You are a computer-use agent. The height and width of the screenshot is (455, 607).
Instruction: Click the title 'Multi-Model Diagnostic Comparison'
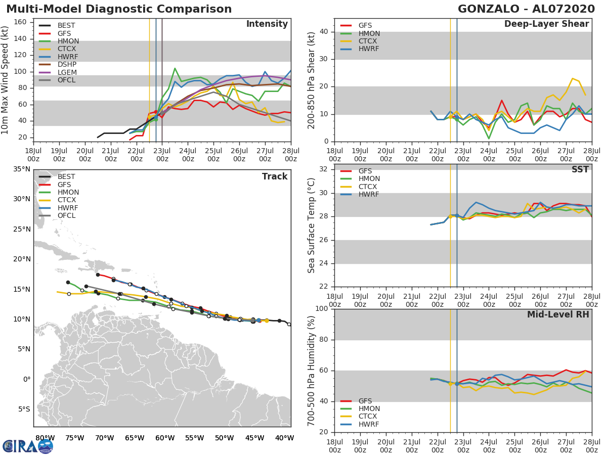pos(119,9)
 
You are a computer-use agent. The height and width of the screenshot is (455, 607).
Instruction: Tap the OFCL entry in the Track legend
pos(67,215)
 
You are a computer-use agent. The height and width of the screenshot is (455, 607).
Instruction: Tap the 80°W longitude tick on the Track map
pos(45,438)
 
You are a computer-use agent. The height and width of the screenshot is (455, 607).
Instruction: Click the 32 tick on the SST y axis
pos(324,169)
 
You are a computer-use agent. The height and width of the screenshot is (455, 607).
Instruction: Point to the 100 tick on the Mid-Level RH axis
pos(322,309)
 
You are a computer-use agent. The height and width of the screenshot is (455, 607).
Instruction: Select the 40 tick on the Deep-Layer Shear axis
pos(324,32)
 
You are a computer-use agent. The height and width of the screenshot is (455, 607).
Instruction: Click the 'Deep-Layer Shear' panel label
pos(546,24)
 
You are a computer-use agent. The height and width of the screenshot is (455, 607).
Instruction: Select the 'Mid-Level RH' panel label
pos(558,314)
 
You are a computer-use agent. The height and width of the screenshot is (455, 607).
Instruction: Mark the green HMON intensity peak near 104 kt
pos(175,68)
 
